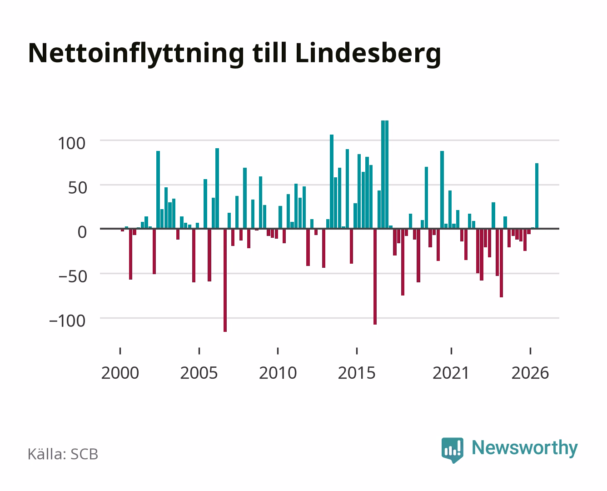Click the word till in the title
269,53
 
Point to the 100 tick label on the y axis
71,143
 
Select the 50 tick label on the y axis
78,188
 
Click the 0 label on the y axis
82,232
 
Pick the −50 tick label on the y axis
73,276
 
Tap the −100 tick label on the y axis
67,321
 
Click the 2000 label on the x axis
120,373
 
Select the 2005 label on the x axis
199,373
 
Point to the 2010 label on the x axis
278,373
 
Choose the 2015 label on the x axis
357,373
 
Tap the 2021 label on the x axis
451,373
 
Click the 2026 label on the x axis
530,373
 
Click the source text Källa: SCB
63,454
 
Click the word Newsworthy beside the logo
525,448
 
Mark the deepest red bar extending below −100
225,280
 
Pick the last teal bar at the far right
537,196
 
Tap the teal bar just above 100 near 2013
332,182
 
